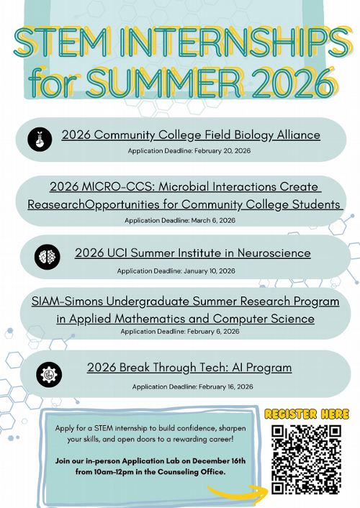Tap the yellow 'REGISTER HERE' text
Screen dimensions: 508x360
(307, 414)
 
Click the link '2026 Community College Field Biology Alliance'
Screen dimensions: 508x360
(191, 135)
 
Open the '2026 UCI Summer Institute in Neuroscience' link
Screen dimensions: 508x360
(193, 253)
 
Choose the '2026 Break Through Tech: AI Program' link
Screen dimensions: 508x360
(189, 368)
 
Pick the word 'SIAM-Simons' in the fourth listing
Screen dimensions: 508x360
(66, 301)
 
